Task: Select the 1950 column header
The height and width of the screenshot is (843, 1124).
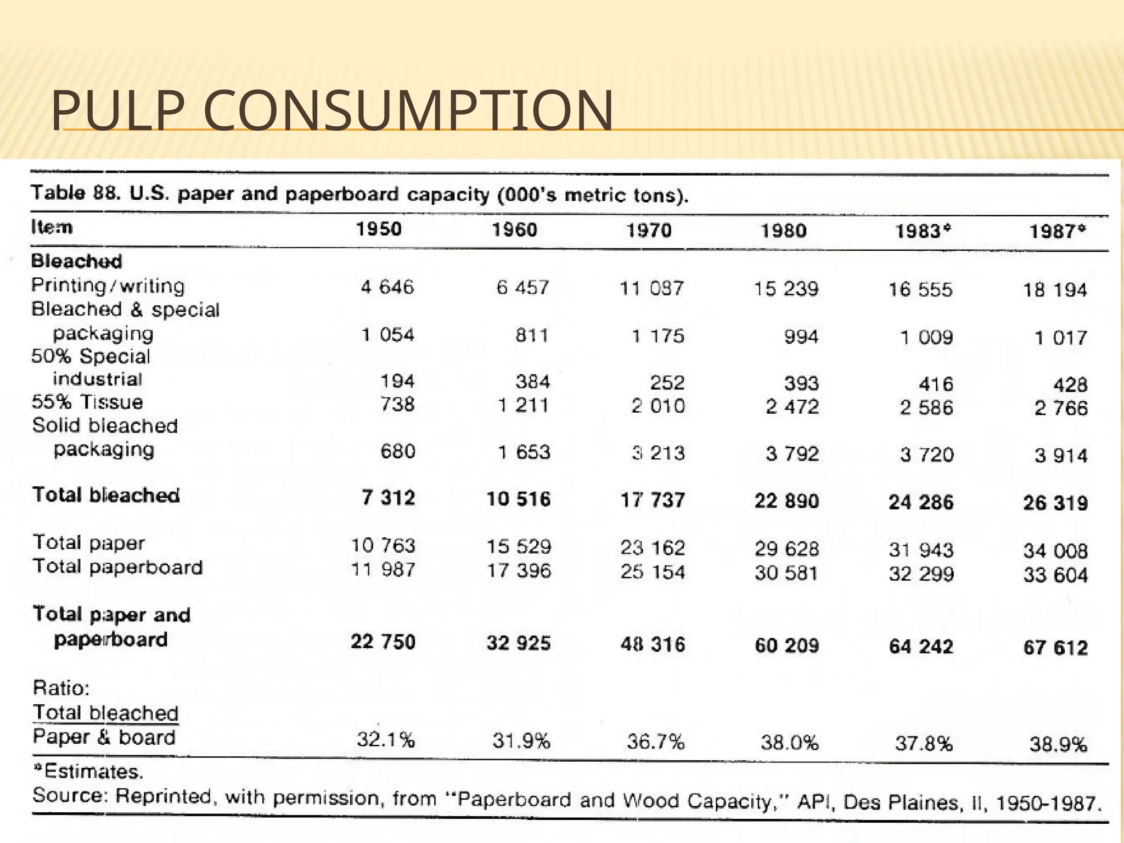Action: click(379, 228)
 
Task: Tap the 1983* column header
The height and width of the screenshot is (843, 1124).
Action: click(923, 231)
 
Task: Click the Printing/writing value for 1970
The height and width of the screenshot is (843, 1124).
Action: click(651, 288)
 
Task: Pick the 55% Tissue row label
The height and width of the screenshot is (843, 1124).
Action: click(87, 402)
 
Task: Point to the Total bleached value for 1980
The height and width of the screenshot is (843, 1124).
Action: click(786, 501)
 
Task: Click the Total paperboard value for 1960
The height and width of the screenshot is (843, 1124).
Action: click(519, 571)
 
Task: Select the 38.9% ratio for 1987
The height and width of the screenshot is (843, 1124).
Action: click(1058, 745)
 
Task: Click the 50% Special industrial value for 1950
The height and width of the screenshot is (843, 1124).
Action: click(397, 381)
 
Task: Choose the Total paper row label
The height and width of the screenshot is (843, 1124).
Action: click(89, 543)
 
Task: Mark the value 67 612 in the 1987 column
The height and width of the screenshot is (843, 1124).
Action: click(1055, 648)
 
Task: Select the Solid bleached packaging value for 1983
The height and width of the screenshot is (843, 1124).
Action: click(926, 454)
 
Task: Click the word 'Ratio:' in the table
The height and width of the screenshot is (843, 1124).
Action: click(61, 688)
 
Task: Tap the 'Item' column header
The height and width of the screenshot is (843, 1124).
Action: click(52, 227)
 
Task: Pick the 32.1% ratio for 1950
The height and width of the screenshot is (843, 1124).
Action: click(386, 740)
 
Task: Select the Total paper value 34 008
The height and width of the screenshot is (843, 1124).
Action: click(1055, 550)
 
